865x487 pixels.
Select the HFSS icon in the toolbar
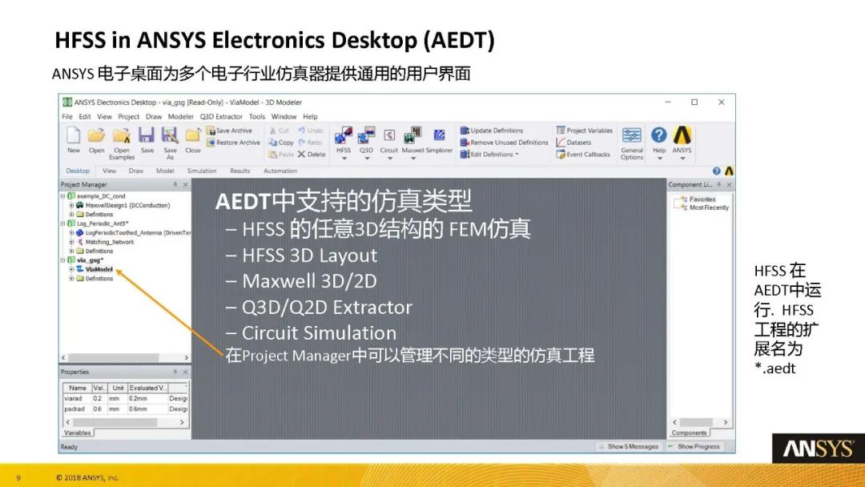point(343,138)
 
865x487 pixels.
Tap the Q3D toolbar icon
point(366,138)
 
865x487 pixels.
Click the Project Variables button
point(585,131)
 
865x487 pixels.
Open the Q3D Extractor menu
point(221,117)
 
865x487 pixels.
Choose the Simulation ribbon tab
point(202,171)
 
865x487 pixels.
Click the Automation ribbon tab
point(280,171)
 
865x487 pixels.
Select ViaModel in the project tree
point(99,269)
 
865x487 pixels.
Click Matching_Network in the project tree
point(110,242)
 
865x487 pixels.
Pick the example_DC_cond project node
point(101,196)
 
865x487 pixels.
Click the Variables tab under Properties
point(77,433)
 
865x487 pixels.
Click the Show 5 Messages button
point(629,446)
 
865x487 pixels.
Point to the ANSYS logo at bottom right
point(818,449)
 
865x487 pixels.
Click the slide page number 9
point(18,478)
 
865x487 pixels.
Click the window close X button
point(721,103)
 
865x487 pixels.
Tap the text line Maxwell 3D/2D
point(309,281)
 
